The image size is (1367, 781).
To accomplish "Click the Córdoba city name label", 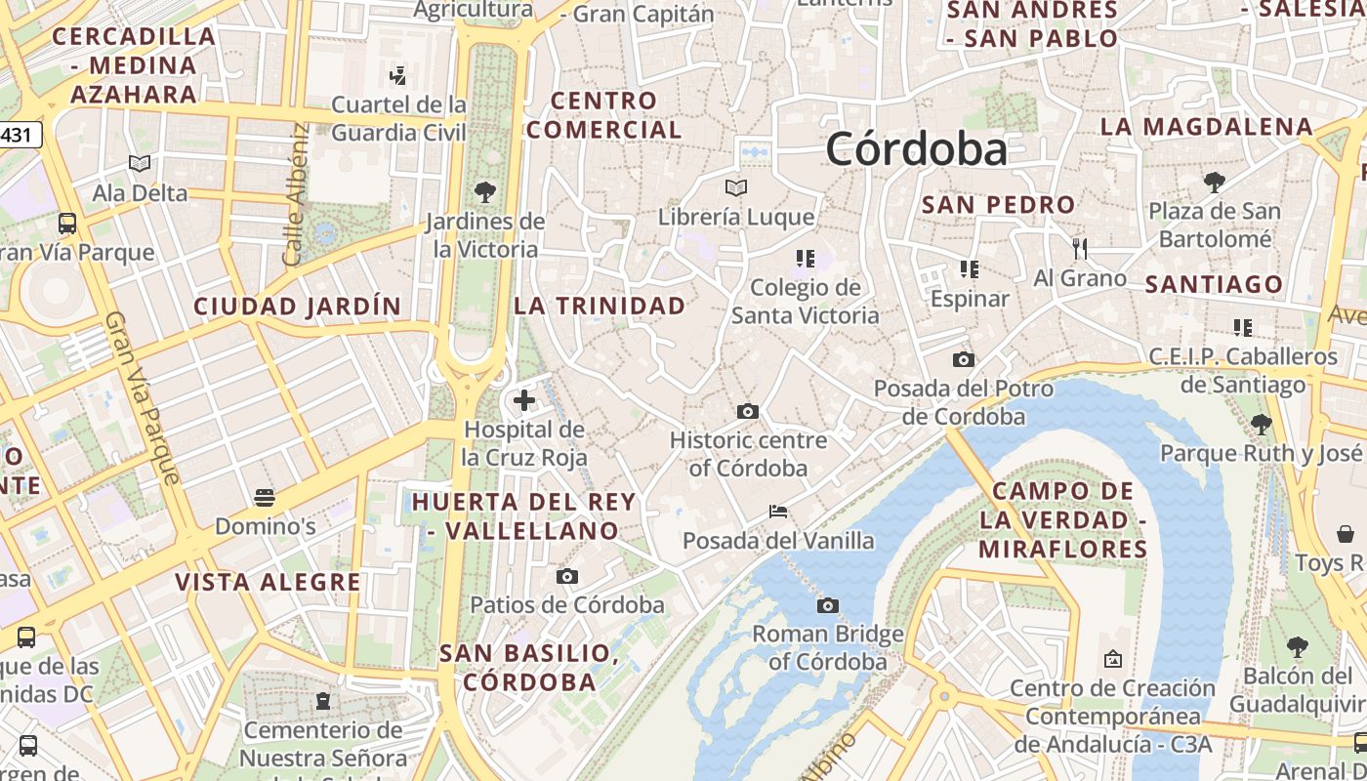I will tap(916, 149).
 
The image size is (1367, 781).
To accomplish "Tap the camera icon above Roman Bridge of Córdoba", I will tap(828, 605).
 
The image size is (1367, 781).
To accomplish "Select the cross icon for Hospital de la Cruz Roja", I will tap(524, 399).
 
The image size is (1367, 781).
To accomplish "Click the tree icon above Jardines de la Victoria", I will tap(484, 191).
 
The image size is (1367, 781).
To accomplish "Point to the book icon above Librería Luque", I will tap(736, 187).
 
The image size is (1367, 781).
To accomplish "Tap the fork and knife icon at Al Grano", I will tap(1080, 249).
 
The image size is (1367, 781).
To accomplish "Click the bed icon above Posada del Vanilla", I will tap(778, 511).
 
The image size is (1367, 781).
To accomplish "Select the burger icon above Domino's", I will tap(264, 498).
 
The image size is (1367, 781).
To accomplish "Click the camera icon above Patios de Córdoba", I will tap(567, 576).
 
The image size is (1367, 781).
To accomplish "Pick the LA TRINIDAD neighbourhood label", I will tap(600, 306).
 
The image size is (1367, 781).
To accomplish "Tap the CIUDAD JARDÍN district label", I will tap(298, 307).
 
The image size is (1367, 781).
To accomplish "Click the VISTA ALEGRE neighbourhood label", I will tap(268, 583).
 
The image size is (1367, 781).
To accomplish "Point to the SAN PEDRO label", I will tap(999, 205).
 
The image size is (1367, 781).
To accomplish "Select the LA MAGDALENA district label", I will tap(1207, 127).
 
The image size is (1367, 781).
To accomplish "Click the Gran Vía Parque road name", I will tap(143, 398).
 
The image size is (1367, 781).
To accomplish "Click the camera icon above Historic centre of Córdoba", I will tap(748, 411).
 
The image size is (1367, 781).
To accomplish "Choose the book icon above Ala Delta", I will tap(140, 163).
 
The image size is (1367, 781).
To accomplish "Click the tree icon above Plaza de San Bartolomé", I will tap(1215, 182).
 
